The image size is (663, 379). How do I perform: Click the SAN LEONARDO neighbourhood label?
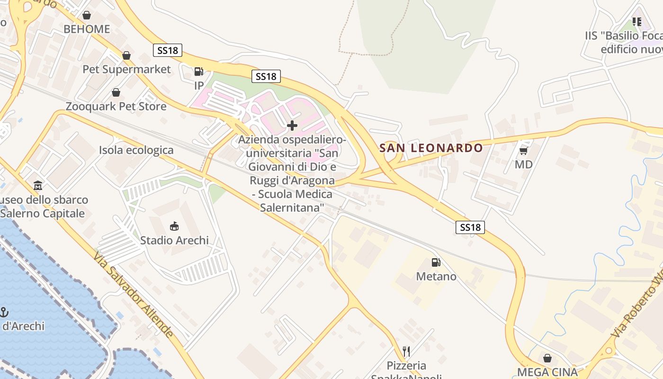pyautogui.click(x=431, y=148)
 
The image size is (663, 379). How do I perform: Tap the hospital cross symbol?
pyautogui.click(x=292, y=126)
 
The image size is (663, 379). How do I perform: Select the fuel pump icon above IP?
pyautogui.click(x=199, y=72)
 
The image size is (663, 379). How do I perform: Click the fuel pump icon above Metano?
pyautogui.click(x=436, y=262)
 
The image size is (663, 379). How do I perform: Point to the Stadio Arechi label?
pyautogui.click(x=174, y=240)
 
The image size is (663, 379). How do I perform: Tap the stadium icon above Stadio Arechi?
pyautogui.click(x=174, y=226)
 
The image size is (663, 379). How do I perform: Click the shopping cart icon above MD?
pyautogui.click(x=523, y=151)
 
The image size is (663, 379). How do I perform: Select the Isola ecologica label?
pyautogui.click(x=136, y=150)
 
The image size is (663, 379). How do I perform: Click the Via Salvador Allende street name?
pyautogui.click(x=133, y=295)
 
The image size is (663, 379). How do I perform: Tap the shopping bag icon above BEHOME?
pyautogui.click(x=87, y=15)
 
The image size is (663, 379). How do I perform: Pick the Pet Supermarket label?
pyautogui.click(x=126, y=69)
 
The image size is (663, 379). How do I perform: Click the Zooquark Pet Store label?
pyautogui.click(x=116, y=106)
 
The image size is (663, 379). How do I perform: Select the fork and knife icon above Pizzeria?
pyautogui.click(x=406, y=351)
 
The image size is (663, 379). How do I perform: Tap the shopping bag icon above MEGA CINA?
pyautogui.click(x=547, y=358)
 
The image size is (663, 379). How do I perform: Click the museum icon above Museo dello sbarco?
pyautogui.click(x=38, y=185)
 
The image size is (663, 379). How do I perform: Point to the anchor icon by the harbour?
pyautogui.click(x=4, y=312)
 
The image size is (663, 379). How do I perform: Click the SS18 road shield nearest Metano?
pyautogui.click(x=471, y=227)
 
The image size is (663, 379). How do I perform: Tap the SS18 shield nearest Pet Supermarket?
pyautogui.click(x=168, y=50)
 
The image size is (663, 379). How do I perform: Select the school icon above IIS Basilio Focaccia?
pyautogui.click(x=637, y=22)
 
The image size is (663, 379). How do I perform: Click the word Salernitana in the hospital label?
pyautogui.click(x=292, y=207)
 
